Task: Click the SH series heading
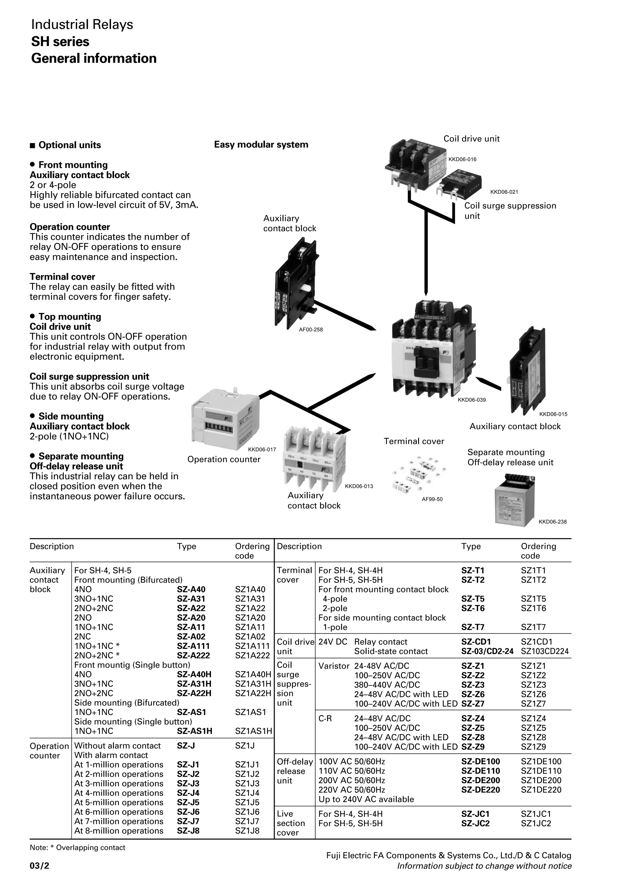pos(60,41)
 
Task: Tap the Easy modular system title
pos(261,145)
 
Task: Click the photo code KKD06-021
pos(504,192)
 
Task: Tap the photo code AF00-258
pos(311,329)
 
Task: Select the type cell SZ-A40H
pos(194,674)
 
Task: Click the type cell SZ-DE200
pos(480,780)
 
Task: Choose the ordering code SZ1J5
pos(247,802)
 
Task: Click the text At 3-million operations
pos(119,784)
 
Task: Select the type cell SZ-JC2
pos(475,824)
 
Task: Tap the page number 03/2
pos(40,866)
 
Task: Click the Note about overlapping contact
pos(78,847)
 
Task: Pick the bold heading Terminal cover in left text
pos(62,277)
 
